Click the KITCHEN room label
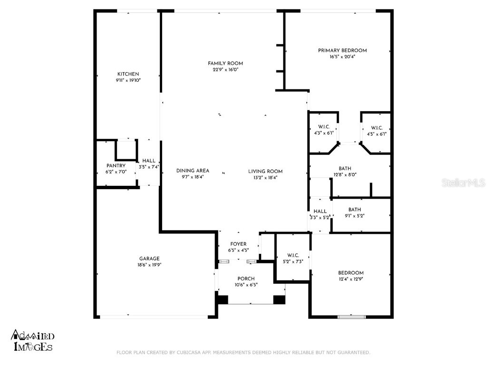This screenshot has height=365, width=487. (128, 74)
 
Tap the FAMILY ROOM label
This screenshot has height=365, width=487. (225, 63)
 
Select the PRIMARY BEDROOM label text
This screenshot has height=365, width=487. (342, 50)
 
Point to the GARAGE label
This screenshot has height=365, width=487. (149, 259)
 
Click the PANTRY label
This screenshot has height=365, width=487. (116, 166)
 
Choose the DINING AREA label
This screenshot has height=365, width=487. (193, 171)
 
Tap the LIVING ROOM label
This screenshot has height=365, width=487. (265, 172)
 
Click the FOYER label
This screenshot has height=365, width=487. (239, 244)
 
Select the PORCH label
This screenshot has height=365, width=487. (246, 279)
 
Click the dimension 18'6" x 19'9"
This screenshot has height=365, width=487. (149, 265)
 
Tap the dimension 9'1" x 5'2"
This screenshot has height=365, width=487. (354, 215)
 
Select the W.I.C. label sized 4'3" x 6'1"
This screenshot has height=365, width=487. (323, 127)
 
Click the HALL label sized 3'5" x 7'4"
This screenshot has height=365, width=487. (148, 161)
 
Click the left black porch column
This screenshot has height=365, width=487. (222, 300)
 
